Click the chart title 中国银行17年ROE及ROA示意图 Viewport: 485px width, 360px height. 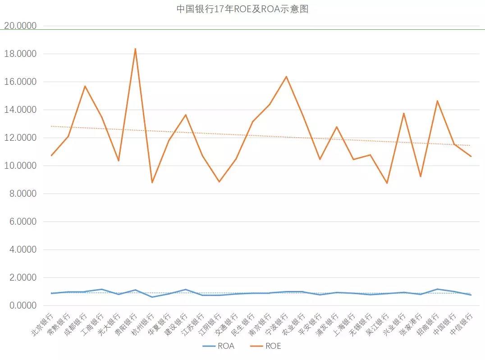point(242,9)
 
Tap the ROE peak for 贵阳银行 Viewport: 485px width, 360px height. point(135,49)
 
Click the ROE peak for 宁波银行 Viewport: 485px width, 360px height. point(286,77)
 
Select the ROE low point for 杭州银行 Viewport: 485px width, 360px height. point(152,183)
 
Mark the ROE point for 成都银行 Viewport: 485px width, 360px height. point(85,86)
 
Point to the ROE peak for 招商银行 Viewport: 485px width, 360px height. point(437,101)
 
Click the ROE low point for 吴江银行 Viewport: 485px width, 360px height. point(387,183)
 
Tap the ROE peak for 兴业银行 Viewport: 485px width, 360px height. point(404,113)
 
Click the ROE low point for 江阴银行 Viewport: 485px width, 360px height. point(219,182)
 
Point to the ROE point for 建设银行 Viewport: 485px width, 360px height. point(185,115)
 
